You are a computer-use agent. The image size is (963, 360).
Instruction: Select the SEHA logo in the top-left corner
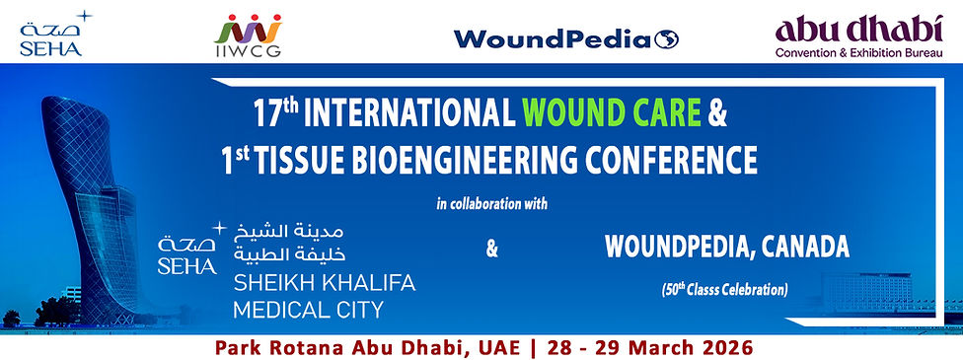pos(51,33)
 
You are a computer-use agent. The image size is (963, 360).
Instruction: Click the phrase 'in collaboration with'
pos(491,204)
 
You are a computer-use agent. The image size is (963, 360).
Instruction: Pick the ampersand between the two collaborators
pos(492,250)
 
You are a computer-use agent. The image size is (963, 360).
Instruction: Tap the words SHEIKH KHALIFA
pos(324,284)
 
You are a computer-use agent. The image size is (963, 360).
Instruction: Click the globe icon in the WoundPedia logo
pos(667,39)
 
